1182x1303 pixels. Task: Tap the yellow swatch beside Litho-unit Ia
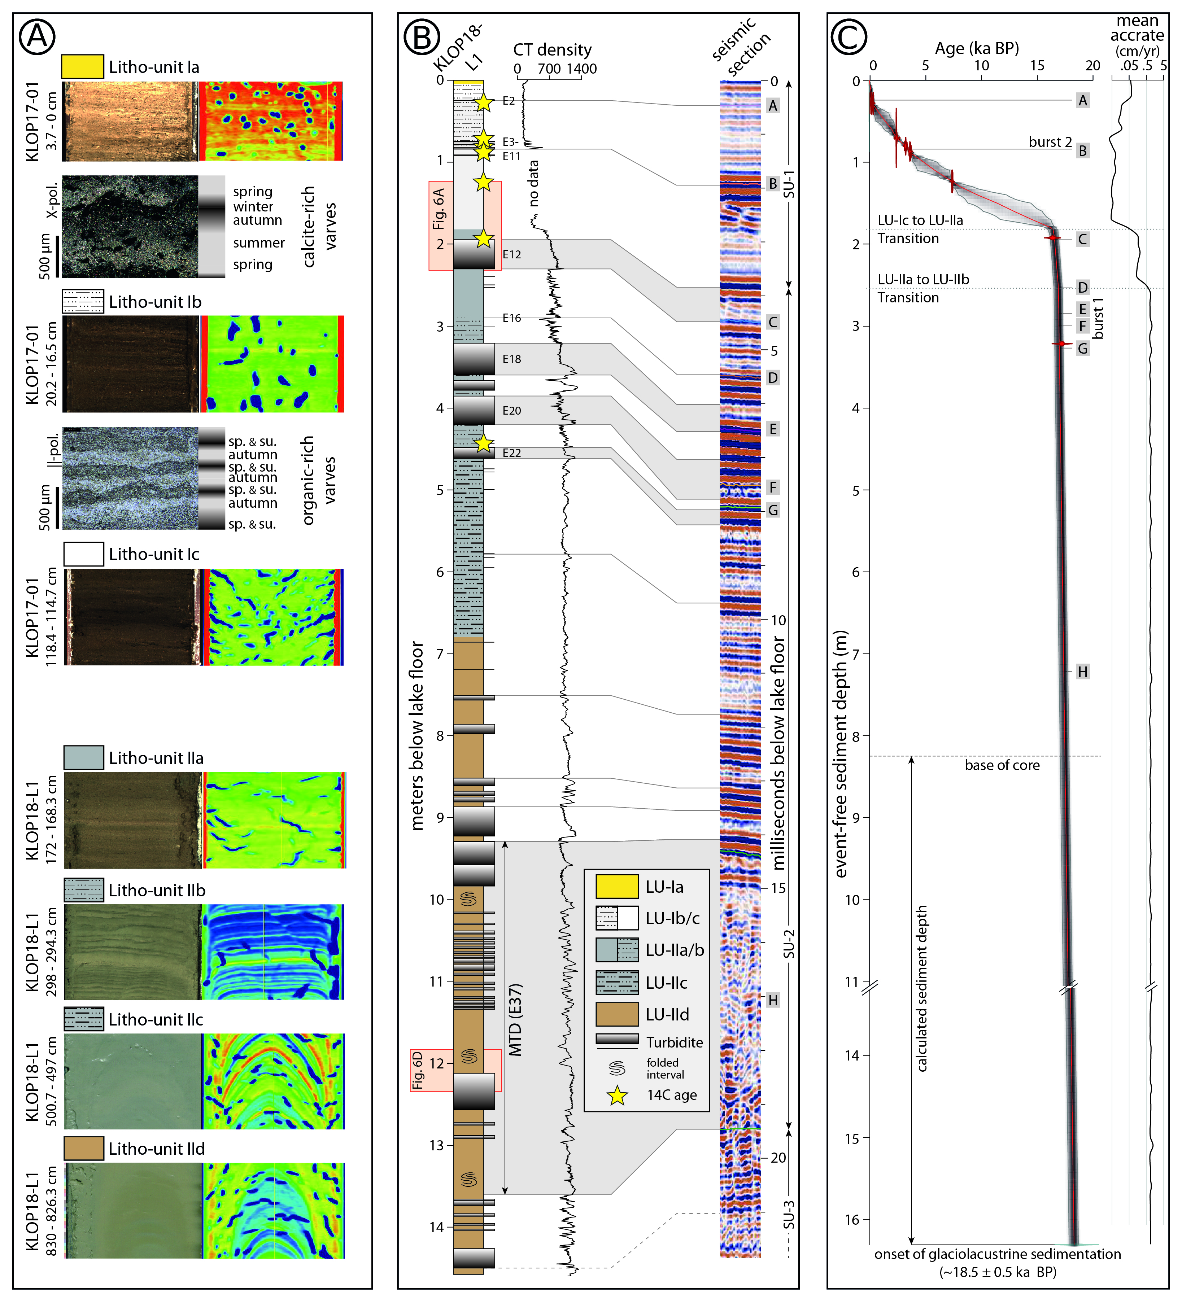82,66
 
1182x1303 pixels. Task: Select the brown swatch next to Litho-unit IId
83,1149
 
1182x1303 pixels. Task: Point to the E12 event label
511,255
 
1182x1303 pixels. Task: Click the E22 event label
511,453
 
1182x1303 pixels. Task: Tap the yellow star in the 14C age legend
618,1096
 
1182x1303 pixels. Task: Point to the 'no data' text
533,184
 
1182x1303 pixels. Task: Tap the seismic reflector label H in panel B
773,1000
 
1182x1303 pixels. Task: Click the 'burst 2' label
1050,142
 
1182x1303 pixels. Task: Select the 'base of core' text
1002,765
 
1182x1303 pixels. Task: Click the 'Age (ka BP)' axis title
976,48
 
